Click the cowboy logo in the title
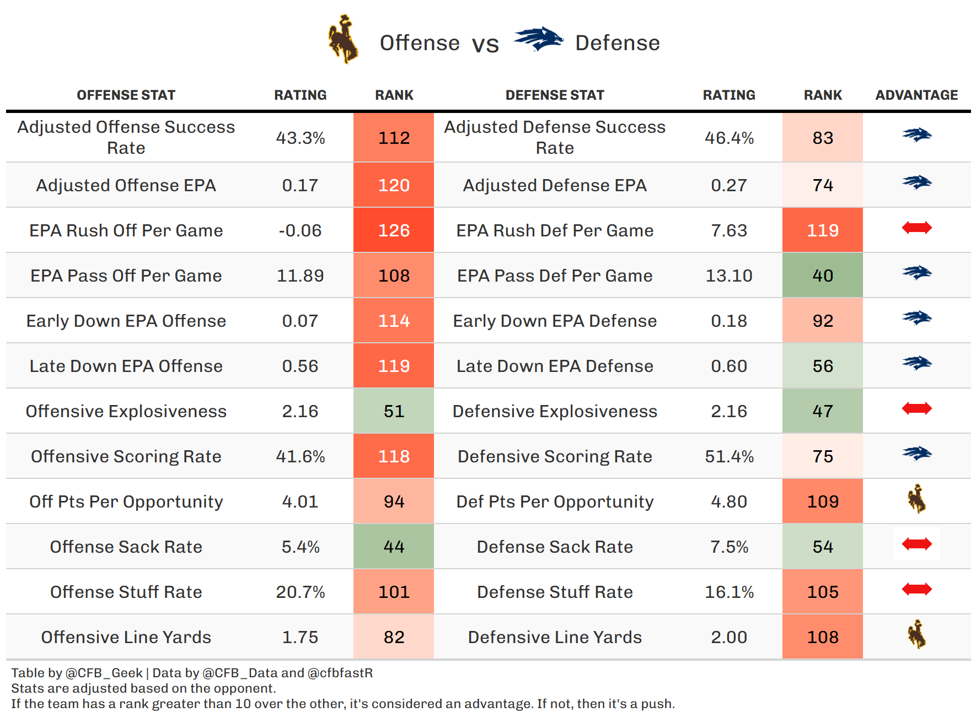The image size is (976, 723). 344,40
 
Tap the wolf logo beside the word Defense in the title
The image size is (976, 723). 538,40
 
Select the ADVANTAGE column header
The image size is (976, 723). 916,95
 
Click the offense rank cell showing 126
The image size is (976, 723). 394,230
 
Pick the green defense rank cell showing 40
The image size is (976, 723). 822,276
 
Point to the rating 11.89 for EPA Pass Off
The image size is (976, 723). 300,276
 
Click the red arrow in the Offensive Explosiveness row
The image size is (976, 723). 916,409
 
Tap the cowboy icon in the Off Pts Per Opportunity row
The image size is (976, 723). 916,499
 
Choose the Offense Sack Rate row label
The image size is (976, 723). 126,547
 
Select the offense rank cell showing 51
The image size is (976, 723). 394,411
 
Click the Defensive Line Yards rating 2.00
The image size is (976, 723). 728,637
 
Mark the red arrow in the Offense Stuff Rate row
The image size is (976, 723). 916,590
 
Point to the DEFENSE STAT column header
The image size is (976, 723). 555,95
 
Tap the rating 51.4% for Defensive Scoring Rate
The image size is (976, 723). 728,456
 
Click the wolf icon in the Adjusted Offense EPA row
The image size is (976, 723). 916,182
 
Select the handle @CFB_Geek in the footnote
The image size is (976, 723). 104,673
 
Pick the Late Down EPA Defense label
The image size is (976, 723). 555,366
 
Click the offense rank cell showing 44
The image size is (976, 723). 394,547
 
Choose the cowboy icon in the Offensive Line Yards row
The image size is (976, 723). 916,635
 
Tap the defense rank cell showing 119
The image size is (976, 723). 822,230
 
